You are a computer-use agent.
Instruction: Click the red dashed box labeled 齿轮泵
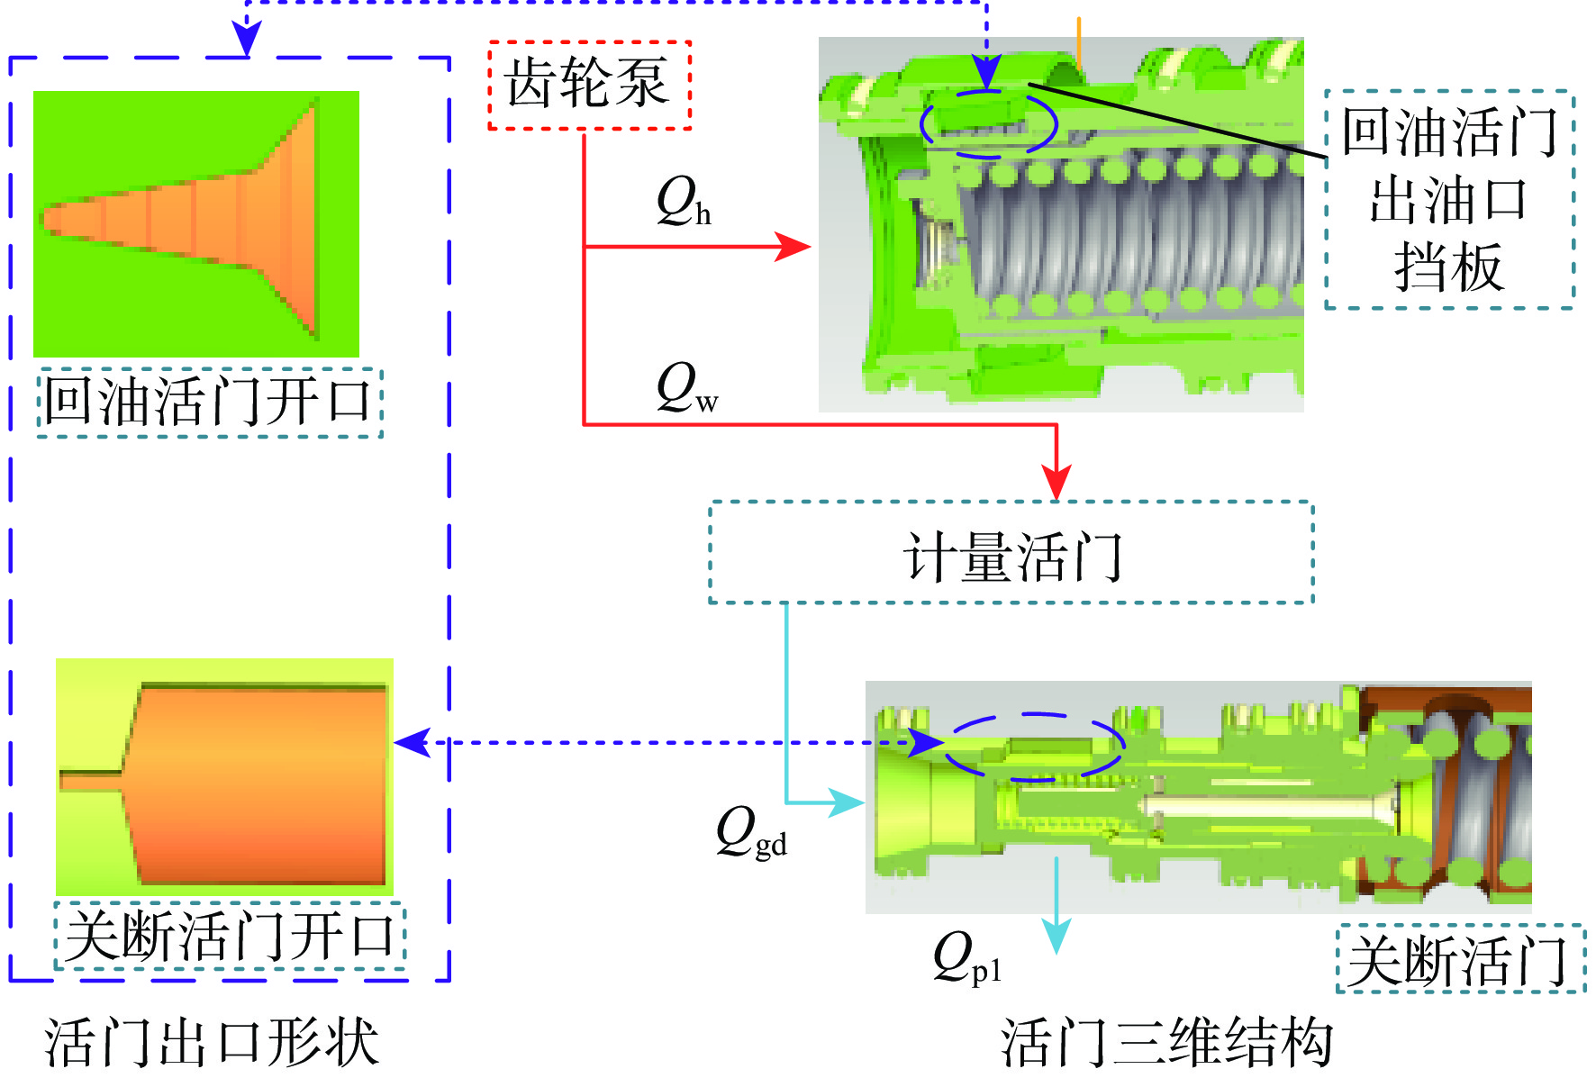(x=589, y=85)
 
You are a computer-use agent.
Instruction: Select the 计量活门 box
(x=1011, y=552)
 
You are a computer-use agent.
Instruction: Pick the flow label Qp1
(x=966, y=958)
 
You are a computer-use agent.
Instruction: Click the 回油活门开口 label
(x=209, y=403)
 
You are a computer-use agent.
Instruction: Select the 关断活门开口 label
(x=230, y=937)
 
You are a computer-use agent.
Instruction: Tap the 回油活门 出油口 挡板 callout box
(x=1448, y=200)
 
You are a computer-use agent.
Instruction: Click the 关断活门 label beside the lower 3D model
(x=1459, y=960)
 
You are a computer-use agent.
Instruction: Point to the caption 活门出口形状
(x=212, y=1043)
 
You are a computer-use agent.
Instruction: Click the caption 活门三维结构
(x=1167, y=1043)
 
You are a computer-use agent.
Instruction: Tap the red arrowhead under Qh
(x=793, y=246)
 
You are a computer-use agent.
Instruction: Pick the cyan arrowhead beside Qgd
(x=846, y=802)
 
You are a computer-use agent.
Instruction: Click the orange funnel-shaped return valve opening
(x=207, y=221)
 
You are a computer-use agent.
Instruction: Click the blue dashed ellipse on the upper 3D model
(x=988, y=123)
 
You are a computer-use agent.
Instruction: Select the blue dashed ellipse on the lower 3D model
(x=1034, y=747)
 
